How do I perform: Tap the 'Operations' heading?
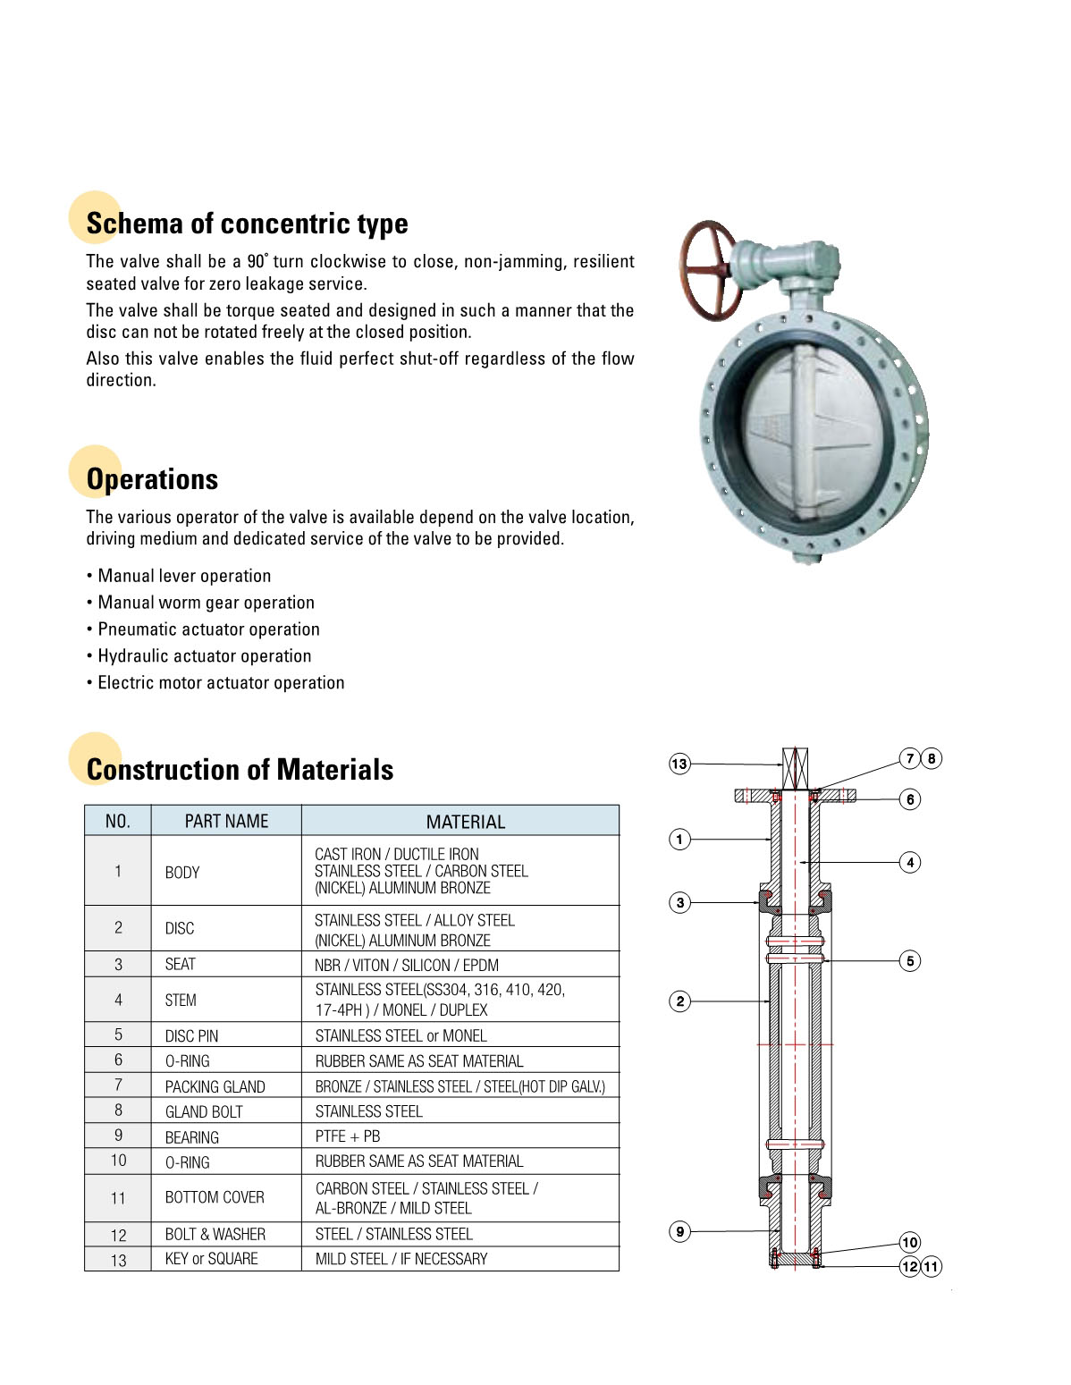pos(152,479)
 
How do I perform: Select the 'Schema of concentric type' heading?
pos(247,224)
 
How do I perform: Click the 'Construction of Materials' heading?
pos(240,770)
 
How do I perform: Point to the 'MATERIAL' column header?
pos(465,822)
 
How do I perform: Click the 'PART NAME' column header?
pos(226,822)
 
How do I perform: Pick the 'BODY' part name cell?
pos(182,872)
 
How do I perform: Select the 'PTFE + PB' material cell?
pos(348,1136)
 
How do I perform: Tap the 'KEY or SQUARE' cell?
pos(211,1259)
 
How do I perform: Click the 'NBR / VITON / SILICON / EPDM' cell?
pos(407,966)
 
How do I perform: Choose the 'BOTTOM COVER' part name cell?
pos(215,1197)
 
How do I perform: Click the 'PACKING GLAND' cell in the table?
pos(215,1087)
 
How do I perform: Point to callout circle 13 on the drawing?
pos(679,764)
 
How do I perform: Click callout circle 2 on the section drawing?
pos(679,1001)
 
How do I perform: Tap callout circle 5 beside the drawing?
pos(910,961)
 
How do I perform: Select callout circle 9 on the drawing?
pos(679,1232)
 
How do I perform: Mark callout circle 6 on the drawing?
pos(910,799)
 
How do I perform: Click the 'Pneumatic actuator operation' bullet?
pos(208,629)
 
